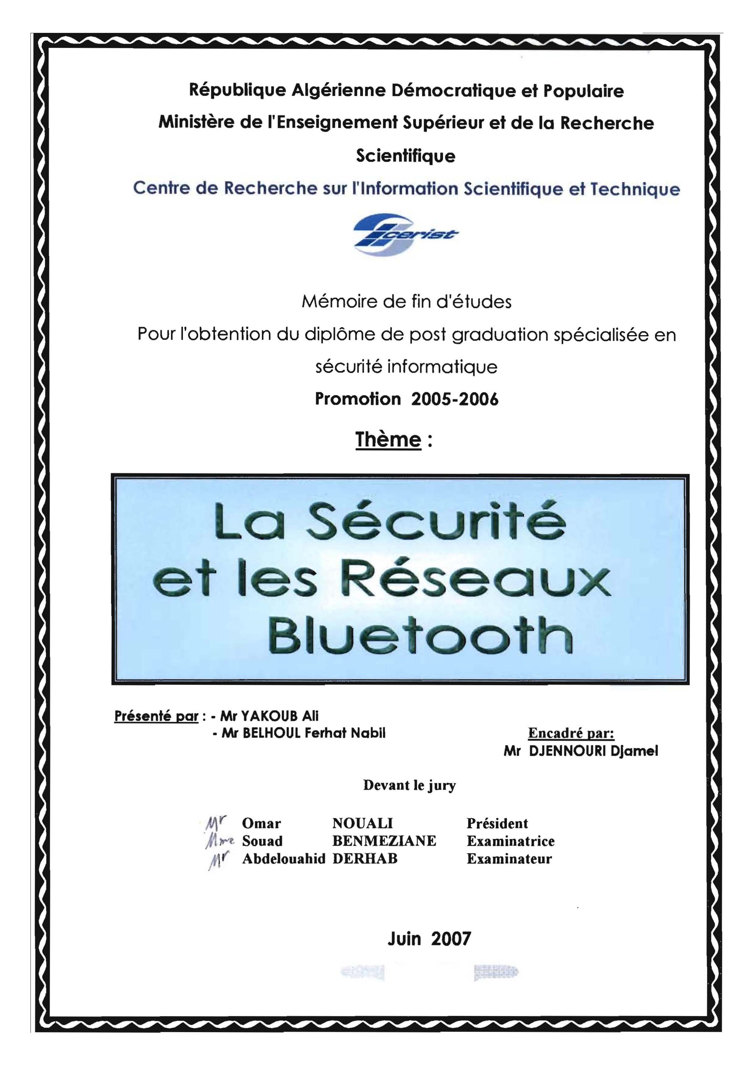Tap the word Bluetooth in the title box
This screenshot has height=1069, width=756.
420,635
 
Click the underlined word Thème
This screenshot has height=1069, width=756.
388,440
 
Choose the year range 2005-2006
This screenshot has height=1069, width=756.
455,399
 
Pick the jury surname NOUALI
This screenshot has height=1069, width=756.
362,823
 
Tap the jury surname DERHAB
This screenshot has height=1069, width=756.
365,858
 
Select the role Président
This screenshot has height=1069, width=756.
497,823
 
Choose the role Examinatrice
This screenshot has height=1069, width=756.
511,841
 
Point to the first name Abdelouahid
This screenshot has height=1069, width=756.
283,858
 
